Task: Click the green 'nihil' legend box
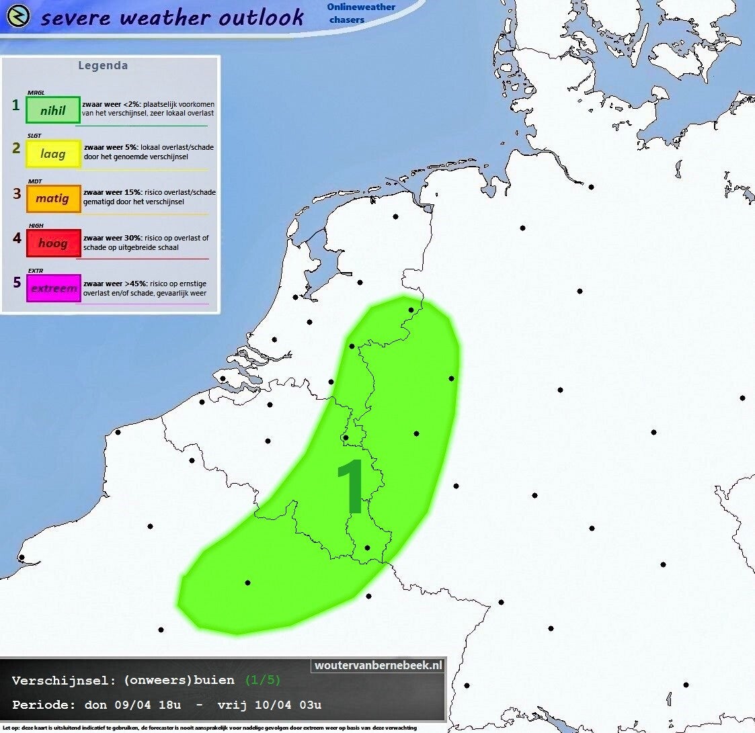(x=53, y=110)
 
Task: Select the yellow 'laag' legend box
(x=53, y=154)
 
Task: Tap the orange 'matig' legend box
(x=53, y=198)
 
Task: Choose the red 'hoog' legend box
(x=53, y=243)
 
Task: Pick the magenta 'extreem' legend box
(x=53, y=288)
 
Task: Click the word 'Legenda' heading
(x=103, y=66)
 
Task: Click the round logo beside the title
(x=17, y=16)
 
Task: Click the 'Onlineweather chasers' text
(x=361, y=13)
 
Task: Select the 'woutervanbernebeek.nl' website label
(x=379, y=665)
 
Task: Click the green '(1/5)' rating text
(x=262, y=681)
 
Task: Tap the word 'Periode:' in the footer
(x=44, y=705)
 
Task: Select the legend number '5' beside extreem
(x=17, y=282)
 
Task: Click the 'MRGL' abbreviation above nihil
(x=35, y=93)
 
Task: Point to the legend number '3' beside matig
(x=17, y=194)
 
